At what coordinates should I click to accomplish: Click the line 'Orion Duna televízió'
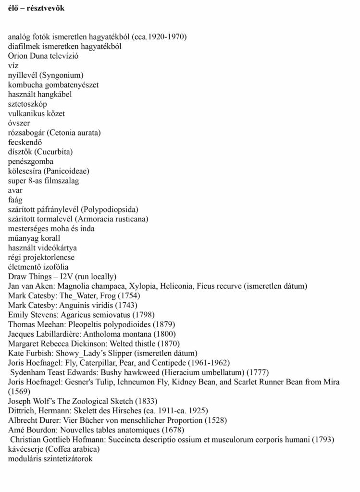[43, 56]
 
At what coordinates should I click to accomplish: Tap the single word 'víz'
[14, 66]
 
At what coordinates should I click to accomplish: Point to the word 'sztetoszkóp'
[27, 104]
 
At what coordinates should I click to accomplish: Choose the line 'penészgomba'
[31, 161]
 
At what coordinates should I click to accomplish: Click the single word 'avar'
[15, 190]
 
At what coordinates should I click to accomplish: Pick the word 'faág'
[15, 200]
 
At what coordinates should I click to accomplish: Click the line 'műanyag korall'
[34, 238]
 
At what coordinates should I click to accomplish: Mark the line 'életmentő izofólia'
[38, 267]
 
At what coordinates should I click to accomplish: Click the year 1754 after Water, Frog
[130, 296]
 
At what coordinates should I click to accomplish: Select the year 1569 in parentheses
[18, 391]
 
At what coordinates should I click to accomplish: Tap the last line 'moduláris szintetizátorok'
[50, 458]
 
